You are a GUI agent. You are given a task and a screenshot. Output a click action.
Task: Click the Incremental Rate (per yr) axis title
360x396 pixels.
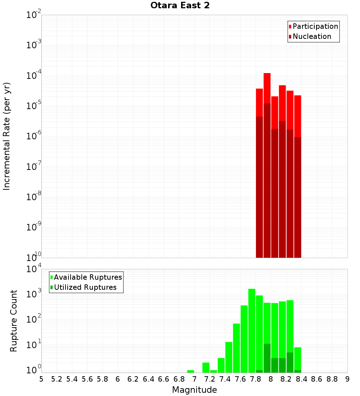(x=7, y=136)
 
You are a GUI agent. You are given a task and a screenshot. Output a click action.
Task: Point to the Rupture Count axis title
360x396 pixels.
(x=14, y=321)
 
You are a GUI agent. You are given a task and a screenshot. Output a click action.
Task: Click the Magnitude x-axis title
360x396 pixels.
(x=194, y=390)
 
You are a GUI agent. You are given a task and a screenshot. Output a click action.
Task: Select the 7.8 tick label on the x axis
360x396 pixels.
(x=256, y=379)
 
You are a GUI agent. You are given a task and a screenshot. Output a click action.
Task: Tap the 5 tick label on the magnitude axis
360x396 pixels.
(x=41, y=379)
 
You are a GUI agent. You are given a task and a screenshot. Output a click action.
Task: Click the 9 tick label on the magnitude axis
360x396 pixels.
(x=347, y=379)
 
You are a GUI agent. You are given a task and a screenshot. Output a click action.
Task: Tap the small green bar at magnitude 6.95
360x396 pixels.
(x=190, y=371)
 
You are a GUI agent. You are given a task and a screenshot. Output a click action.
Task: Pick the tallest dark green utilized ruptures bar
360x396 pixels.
(x=267, y=358)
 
